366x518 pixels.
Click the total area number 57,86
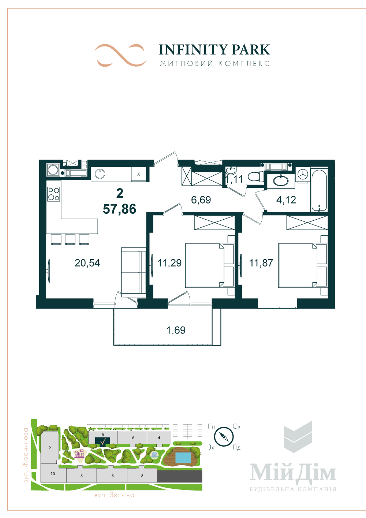coord(119,209)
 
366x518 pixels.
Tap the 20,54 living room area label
coord(87,263)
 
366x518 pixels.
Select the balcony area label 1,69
coord(176,330)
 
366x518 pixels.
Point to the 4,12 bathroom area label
coord(286,200)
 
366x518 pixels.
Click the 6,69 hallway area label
coord(201,200)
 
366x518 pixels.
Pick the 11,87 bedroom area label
coord(261,263)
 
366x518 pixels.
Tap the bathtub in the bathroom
coord(319,189)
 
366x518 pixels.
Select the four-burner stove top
coord(54,194)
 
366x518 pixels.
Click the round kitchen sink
coord(100,174)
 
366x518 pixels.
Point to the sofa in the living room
coord(133,272)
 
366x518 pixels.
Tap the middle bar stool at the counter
coord(70,239)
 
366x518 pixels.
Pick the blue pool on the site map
coord(183,457)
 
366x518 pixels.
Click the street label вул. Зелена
coord(115,495)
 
